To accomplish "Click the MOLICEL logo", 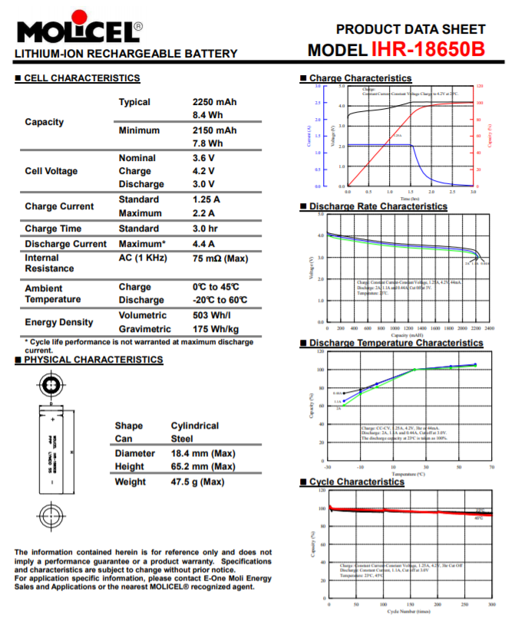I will tap(77, 31).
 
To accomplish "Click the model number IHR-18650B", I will tap(428, 50).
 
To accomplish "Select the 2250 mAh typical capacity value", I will tap(214, 102).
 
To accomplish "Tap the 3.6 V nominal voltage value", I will tap(203, 158).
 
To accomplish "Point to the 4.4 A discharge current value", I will tap(204, 244).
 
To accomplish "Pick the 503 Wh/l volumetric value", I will tap(212, 315).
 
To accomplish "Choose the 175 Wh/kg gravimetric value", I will tap(214, 329).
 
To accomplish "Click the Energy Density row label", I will tap(59, 322).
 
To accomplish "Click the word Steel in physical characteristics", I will tap(182, 439).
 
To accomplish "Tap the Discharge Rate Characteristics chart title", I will tap(378, 206).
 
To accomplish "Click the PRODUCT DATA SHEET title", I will tap(411, 29).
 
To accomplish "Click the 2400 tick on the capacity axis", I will tap(490, 327).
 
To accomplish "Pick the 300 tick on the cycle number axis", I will tap(491, 605).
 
